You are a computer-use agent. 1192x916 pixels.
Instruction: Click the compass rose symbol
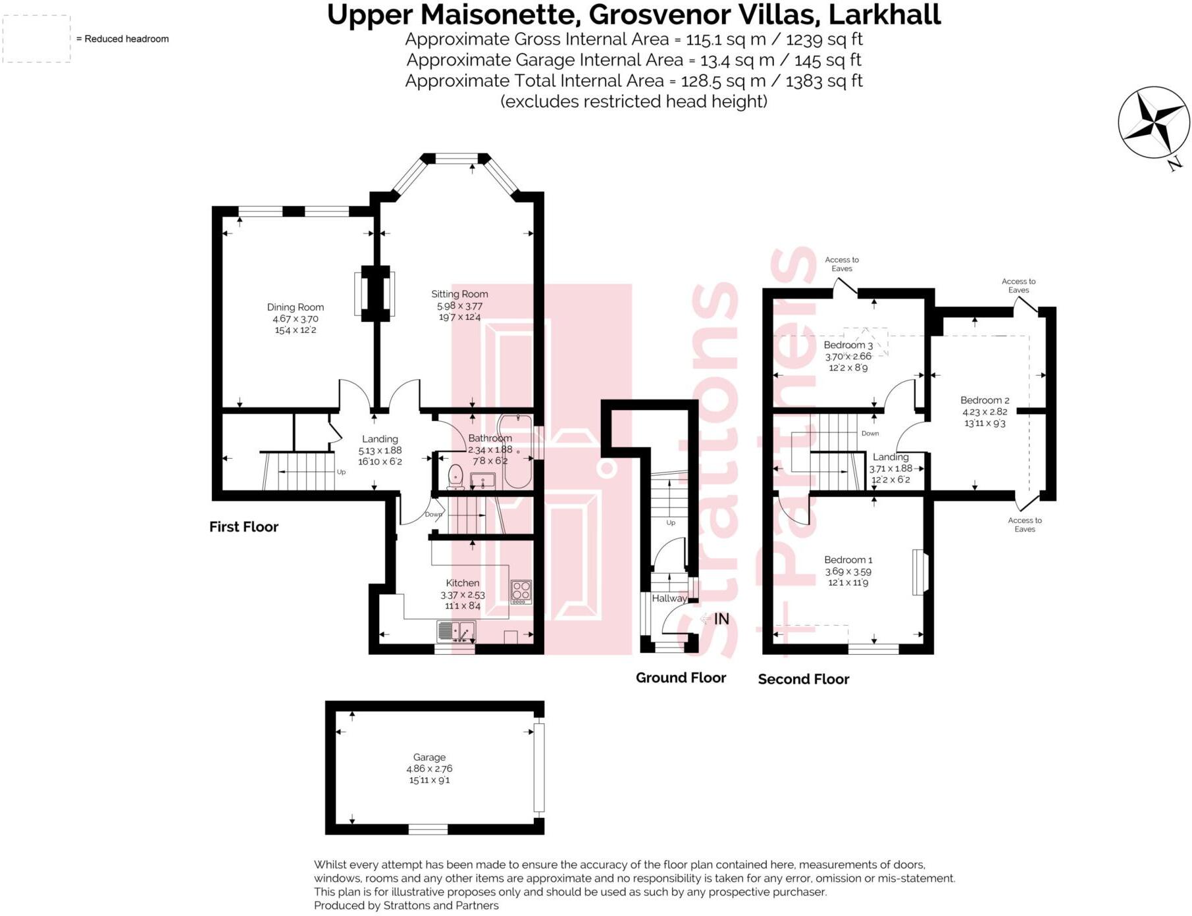click(1153, 122)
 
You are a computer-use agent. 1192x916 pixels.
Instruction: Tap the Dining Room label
click(295, 307)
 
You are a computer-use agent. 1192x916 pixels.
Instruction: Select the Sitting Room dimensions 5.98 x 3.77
click(459, 306)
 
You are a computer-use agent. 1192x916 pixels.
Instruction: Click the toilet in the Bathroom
click(455, 476)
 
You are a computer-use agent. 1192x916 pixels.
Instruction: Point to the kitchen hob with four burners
click(521, 592)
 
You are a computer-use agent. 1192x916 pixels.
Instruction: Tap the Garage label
click(429, 757)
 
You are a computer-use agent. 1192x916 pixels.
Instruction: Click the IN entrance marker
click(721, 619)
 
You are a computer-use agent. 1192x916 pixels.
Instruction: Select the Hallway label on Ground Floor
click(669, 598)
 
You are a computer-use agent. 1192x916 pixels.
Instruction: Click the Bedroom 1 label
click(848, 559)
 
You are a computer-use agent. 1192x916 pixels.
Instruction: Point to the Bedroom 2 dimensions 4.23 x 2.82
click(985, 412)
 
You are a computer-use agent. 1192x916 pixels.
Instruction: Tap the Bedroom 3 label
click(848, 345)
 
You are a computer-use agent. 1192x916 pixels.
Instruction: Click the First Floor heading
click(244, 526)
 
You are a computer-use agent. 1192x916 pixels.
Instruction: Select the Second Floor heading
click(803, 679)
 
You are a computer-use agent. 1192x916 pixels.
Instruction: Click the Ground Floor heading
click(681, 678)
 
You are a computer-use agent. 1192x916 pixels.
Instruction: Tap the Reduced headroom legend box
click(37, 39)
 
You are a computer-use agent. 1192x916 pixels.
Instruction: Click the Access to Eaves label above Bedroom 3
click(841, 264)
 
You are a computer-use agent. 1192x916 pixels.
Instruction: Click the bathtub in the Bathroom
click(517, 454)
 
